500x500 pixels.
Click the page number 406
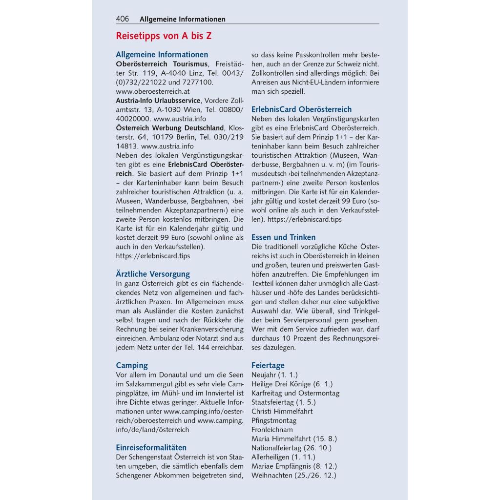click(123, 19)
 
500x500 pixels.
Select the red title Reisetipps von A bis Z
click(164, 36)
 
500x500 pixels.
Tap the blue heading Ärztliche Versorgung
click(153, 274)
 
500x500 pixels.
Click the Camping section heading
click(132, 365)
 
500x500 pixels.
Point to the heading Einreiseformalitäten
click(151, 447)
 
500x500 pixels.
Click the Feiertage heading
click(268, 365)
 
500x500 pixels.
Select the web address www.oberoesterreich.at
click(153, 91)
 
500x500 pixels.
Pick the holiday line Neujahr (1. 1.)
click(274, 375)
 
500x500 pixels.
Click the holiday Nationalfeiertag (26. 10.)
click(292, 448)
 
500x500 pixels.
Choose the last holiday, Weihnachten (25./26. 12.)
click(294, 475)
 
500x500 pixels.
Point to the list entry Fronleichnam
click(272, 430)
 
